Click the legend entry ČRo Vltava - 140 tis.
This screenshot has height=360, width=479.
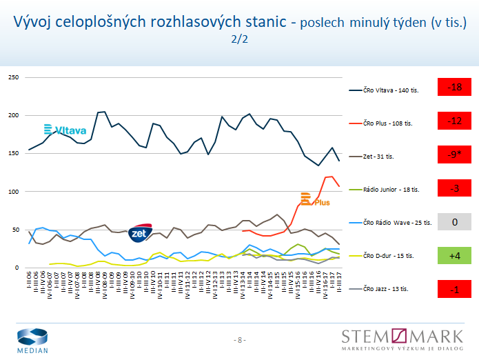[387, 90]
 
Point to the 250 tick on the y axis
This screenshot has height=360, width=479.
[12, 77]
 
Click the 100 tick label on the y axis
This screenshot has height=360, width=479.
[12, 191]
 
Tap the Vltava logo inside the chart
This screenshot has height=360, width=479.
[65, 130]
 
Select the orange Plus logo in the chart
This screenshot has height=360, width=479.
[315, 200]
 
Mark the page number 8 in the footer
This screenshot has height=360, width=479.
[240, 340]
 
